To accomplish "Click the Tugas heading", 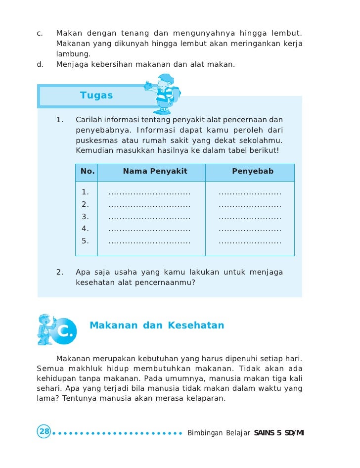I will coord(96,95).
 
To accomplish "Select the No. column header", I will coord(88,172).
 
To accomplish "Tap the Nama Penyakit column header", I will coord(155,172).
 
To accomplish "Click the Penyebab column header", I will coord(253,172).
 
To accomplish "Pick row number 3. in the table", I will coord(85,217).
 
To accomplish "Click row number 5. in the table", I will coord(85,241).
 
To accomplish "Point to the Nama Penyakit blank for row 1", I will coord(149,193).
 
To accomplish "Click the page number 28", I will coord(44,431).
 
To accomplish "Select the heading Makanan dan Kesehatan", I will coord(157,326).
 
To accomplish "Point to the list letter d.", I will coord(40,64).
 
